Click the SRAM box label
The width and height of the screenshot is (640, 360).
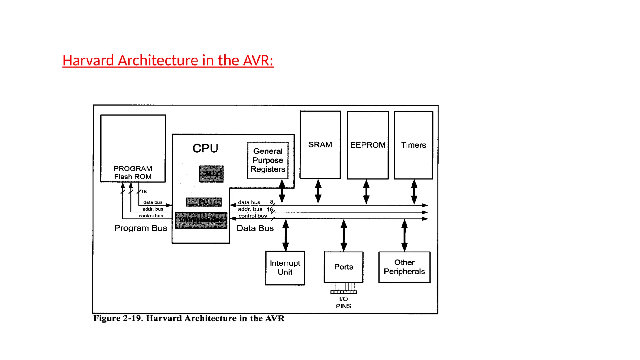click(320, 145)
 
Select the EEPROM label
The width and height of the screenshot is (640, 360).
click(368, 145)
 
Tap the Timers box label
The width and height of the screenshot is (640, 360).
click(413, 145)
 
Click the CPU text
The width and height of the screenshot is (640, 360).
click(205, 148)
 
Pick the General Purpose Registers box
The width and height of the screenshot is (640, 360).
click(268, 160)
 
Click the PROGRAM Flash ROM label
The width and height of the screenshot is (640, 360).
click(133, 172)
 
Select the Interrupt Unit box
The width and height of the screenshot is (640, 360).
click(285, 268)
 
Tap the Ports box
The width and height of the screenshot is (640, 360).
click(343, 267)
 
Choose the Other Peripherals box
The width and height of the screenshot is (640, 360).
click(404, 267)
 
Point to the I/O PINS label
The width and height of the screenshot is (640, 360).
click(343, 302)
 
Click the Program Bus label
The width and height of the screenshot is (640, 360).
click(141, 228)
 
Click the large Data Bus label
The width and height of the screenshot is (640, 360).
click(255, 228)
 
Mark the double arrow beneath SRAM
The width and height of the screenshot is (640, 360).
click(318, 191)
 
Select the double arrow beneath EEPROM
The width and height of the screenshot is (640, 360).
click(366, 192)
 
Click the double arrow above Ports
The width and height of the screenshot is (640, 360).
click(344, 235)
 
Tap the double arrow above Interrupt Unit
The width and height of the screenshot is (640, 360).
click(286, 235)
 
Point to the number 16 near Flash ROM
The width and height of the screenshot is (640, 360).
click(144, 192)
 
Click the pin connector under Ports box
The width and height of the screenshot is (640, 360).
click(343, 288)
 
